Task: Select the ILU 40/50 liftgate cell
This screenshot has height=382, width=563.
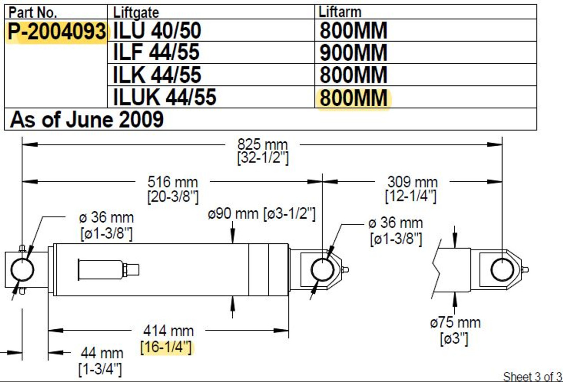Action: coord(157,31)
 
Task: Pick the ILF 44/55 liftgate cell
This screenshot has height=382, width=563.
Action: coord(156,53)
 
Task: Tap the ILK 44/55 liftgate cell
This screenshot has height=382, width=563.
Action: coord(157,75)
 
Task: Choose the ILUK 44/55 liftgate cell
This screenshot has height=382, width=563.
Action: coord(165,97)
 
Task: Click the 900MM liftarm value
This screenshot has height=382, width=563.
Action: coord(353,53)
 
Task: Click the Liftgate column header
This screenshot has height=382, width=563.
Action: coord(136,12)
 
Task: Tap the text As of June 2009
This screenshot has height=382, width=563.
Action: coord(87,119)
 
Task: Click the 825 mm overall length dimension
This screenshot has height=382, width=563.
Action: coord(263,144)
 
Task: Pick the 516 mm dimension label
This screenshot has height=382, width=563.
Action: coord(172,182)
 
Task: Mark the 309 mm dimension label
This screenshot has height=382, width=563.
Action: coord(412,182)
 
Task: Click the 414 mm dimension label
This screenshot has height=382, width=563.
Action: coord(168,330)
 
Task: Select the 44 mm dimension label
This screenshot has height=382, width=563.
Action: coord(102,353)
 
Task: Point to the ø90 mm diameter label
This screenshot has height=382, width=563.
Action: coord(234,215)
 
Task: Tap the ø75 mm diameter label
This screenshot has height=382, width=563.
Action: coord(455,323)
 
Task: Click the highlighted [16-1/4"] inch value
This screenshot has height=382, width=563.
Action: coord(166,347)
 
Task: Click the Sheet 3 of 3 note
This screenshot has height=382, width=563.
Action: coord(532,376)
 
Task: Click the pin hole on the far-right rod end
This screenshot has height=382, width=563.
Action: coord(502,270)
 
